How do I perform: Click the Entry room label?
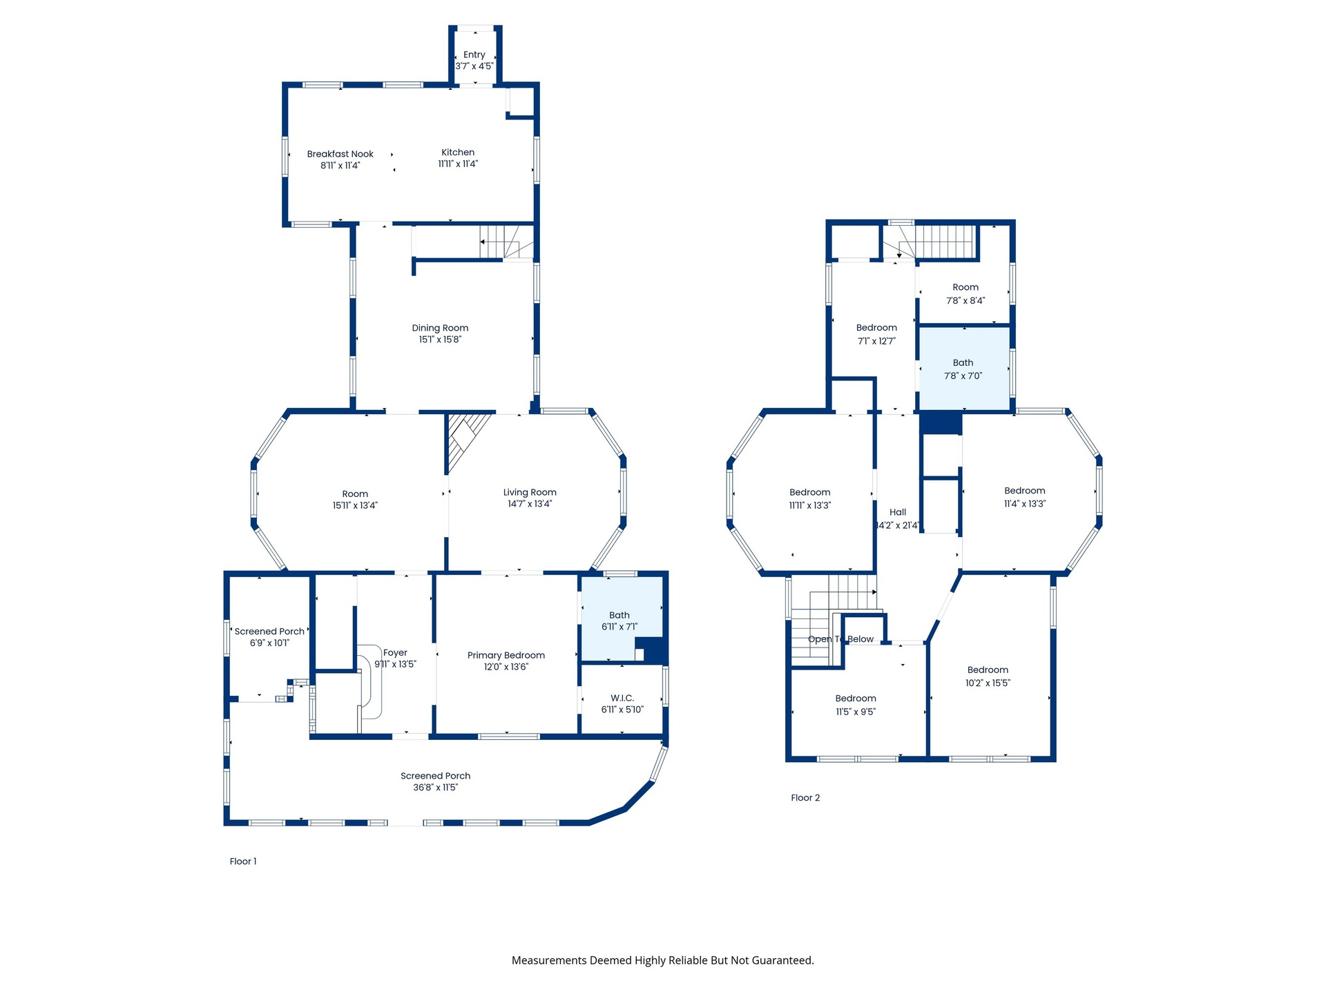tap(474, 55)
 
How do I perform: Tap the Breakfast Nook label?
tap(340, 154)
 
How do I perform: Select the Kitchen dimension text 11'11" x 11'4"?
tap(458, 164)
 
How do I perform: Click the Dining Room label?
tap(440, 328)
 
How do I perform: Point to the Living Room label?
tap(530, 492)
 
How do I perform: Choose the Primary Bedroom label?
tap(506, 655)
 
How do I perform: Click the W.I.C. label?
tap(622, 698)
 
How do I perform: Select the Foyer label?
tap(395, 652)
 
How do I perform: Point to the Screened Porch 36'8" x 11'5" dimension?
tap(436, 788)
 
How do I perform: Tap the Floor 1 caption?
tap(243, 861)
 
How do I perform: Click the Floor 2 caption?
tap(805, 798)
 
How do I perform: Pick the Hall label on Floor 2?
tap(898, 512)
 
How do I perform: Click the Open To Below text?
tap(840, 639)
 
